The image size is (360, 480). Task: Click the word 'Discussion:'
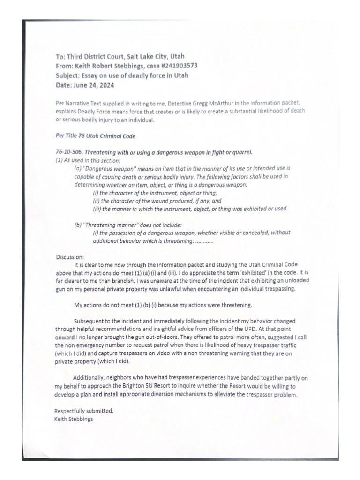70,256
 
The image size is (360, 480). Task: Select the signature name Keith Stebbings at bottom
74,419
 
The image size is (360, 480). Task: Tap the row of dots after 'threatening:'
204,241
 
